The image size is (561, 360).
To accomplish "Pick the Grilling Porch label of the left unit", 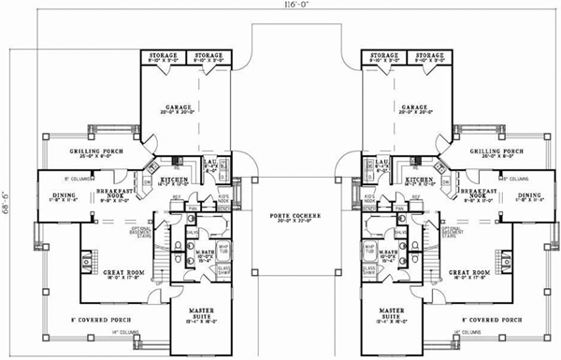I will pos(100,152).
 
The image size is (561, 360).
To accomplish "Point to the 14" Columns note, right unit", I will pos(465,332).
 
